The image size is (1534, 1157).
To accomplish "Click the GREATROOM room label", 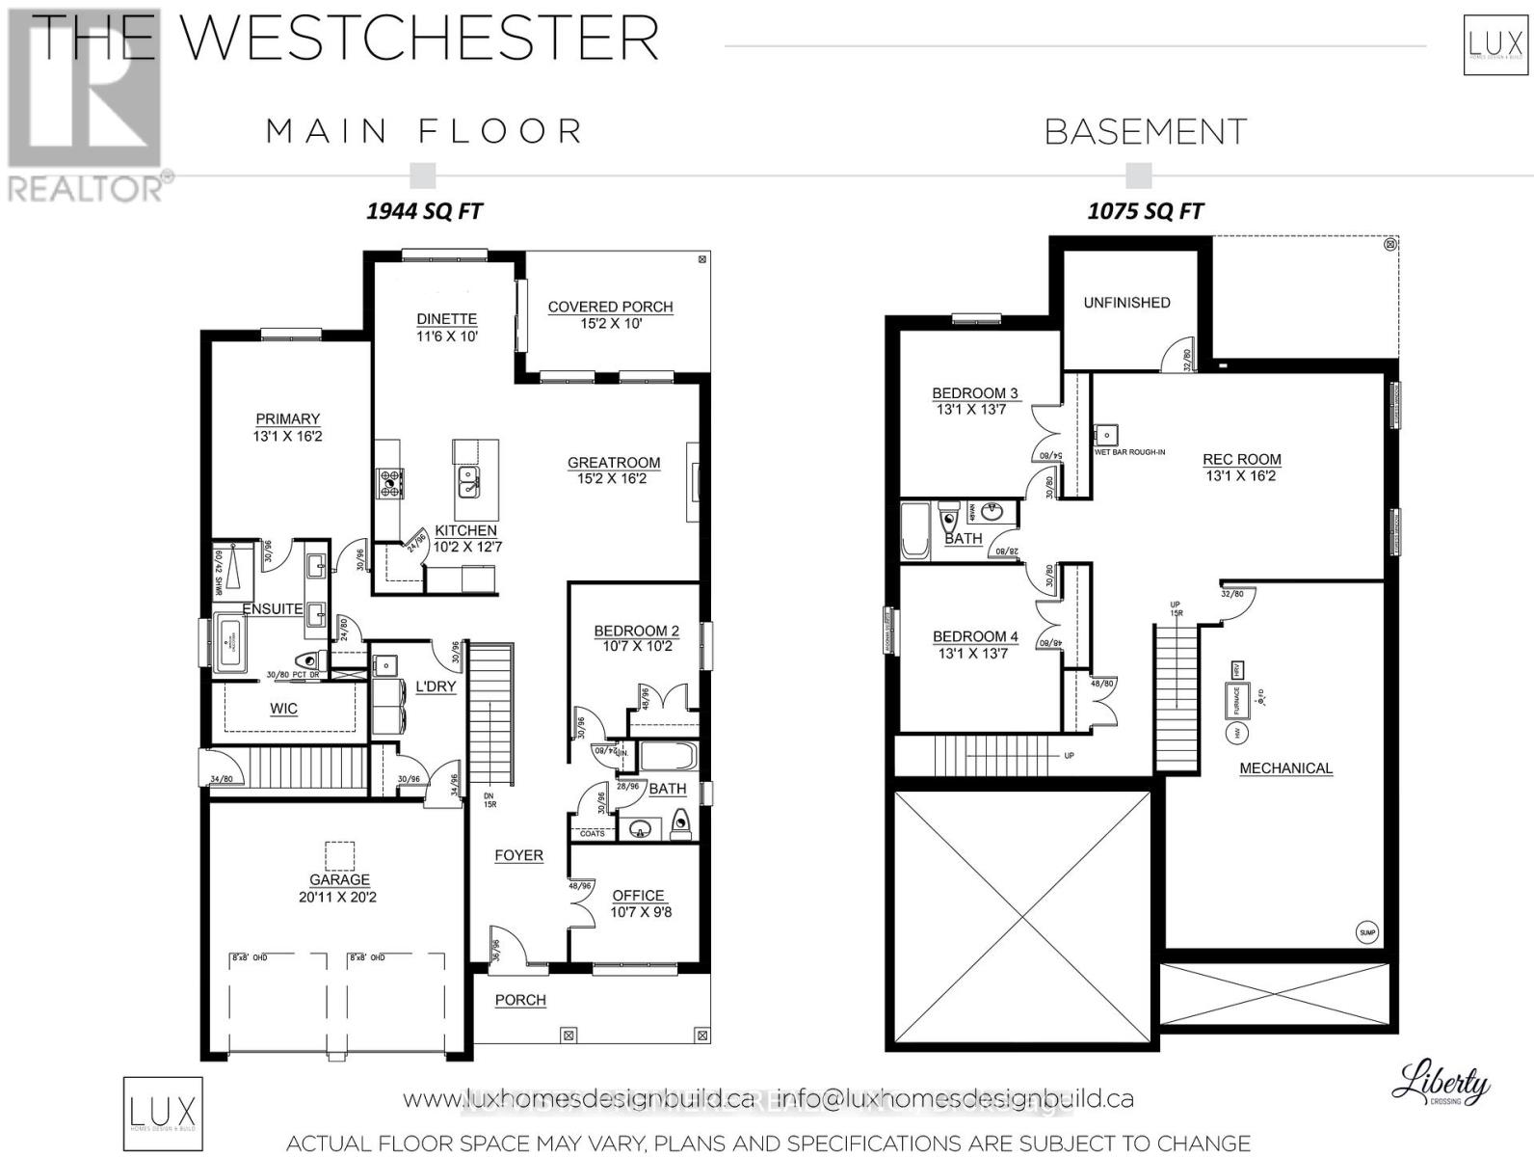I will pos(613,463).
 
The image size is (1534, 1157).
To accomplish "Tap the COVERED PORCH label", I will pos(610,307).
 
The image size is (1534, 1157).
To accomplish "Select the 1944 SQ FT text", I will pos(424,211).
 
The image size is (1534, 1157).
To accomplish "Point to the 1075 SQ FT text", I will pos(1146,211).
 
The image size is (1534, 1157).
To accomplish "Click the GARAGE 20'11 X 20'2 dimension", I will pos(339,897).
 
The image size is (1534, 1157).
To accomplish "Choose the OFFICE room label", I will pos(638,895).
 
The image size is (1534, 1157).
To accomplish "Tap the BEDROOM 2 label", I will pos(636,631).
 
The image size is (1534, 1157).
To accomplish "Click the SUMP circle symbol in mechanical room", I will pos(1367,932).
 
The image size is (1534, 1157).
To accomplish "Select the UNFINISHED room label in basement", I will pos(1126,303).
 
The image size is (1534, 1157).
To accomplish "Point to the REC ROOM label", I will pos(1242,459).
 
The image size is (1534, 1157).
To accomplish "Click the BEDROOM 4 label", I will pos(975,636).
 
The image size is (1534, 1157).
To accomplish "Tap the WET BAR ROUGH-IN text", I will pos(1129,451).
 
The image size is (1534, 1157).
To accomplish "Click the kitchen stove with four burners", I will pos(390,483).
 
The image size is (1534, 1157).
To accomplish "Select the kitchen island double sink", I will pos(467,480).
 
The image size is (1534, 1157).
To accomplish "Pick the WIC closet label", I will pos(283,709).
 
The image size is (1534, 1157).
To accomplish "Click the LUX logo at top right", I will pos(1494,43).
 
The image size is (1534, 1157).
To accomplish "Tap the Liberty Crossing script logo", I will pos(1440,1084).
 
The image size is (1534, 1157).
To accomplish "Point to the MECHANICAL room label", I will pos(1285,768).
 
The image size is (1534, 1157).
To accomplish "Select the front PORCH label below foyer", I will pos(520,1000).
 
